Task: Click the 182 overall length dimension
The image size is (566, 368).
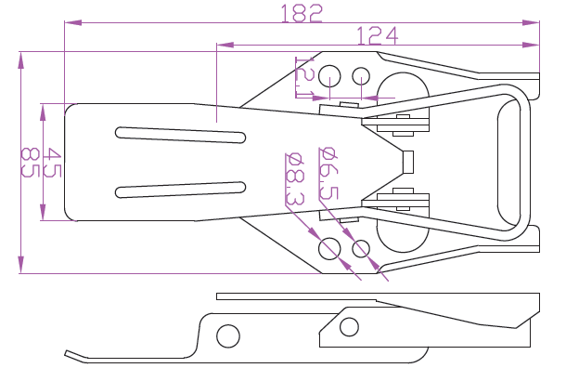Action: pos(301,14)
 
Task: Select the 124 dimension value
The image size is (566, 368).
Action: pos(378,35)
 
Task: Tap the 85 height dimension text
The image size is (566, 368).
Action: pos(30,162)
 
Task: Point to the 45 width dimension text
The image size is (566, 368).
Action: pos(52,162)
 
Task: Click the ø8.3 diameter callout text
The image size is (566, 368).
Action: pos(295,179)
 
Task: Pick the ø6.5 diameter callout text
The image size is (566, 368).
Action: pos(328,173)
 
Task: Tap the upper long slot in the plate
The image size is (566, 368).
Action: pos(181,135)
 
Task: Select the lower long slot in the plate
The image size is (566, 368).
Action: pos(181,190)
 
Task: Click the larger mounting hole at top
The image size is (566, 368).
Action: pos(329,76)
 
